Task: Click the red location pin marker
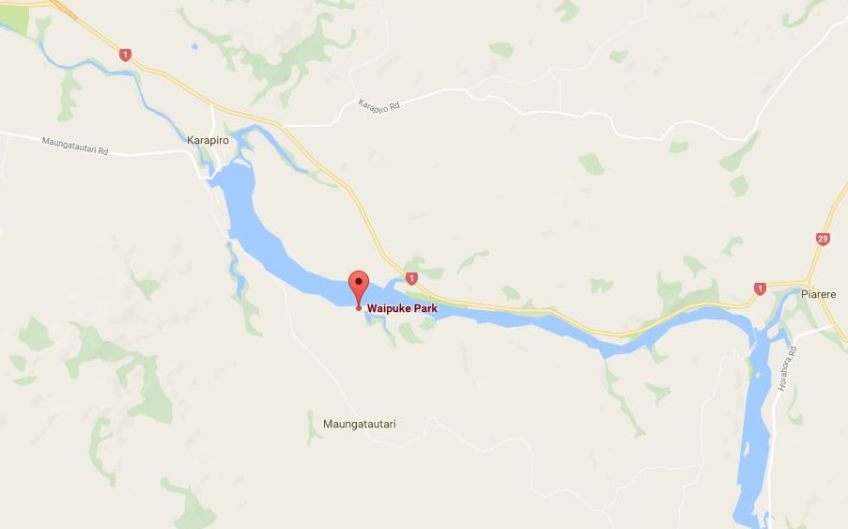pyautogui.click(x=358, y=286)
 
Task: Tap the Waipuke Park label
pyautogui.click(x=401, y=307)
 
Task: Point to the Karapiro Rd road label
pyautogui.click(x=379, y=106)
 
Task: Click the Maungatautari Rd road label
pyautogui.click(x=75, y=146)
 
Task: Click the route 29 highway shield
pyautogui.click(x=823, y=239)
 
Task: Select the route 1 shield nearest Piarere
pyautogui.click(x=760, y=288)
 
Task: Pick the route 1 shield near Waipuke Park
pyautogui.click(x=410, y=277)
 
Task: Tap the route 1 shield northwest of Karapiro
pyautogui.click(x=125, y=55)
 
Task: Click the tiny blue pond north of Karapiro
pyautogui.click(x=193, y=45)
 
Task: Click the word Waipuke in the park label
pyautogui.click(x=388, y=307)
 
